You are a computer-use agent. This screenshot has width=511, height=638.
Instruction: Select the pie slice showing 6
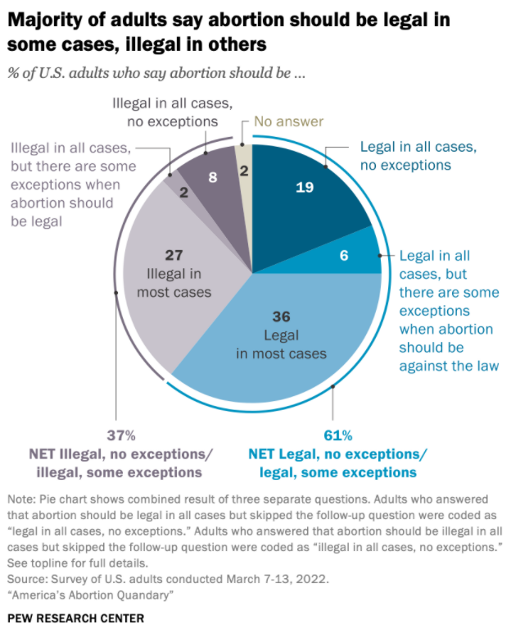pyautogui.click(x=344, y=255)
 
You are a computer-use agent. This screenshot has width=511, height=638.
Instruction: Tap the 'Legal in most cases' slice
pyautogui.click(x=283, y=336)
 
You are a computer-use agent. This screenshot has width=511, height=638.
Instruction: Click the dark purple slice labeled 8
pyautogui.click(x=212, y=175)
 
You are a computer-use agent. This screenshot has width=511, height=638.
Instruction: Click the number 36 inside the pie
pyautogui.click(x=282, y=316)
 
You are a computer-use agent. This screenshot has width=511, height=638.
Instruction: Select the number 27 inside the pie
pyautogui.click(x=174, y=254)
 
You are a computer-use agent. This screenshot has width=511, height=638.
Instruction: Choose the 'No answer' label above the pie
pyautogui.click(x=288, y=122)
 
